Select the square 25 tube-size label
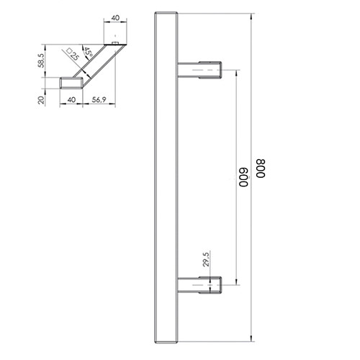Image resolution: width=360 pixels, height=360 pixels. click(72, 55)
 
